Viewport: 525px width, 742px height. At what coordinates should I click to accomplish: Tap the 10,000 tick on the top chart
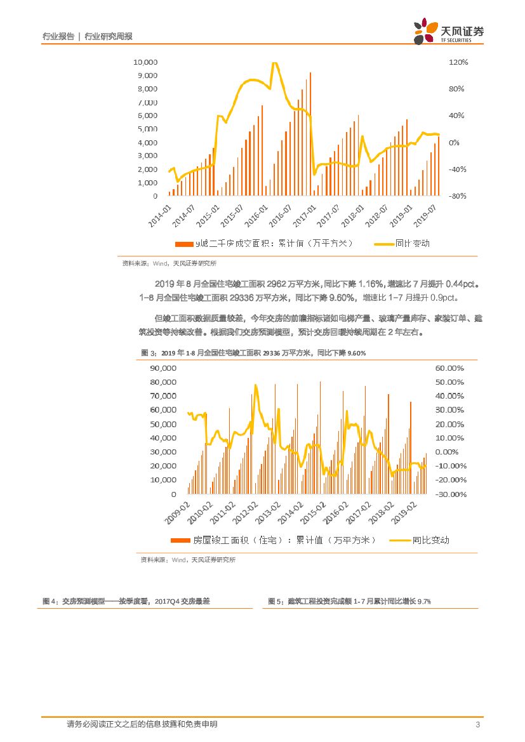click(145, 62)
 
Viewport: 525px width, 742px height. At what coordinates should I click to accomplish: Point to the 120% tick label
click(458, 62)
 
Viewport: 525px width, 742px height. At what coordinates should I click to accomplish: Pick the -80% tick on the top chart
click(457, 196)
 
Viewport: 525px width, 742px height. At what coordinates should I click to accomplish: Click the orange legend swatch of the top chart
click(183, 244)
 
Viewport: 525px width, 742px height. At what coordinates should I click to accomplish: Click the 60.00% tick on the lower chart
click(450, 368)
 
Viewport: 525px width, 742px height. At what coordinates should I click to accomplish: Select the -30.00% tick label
click(450, 494)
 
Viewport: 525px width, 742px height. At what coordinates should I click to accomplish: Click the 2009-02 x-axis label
click(178, 513)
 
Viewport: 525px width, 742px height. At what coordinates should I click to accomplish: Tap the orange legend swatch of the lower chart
click(180, 540)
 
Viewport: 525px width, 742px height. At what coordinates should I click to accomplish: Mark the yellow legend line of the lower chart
click(399, 540)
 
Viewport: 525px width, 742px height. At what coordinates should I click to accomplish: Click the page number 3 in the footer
click(477, 725)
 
